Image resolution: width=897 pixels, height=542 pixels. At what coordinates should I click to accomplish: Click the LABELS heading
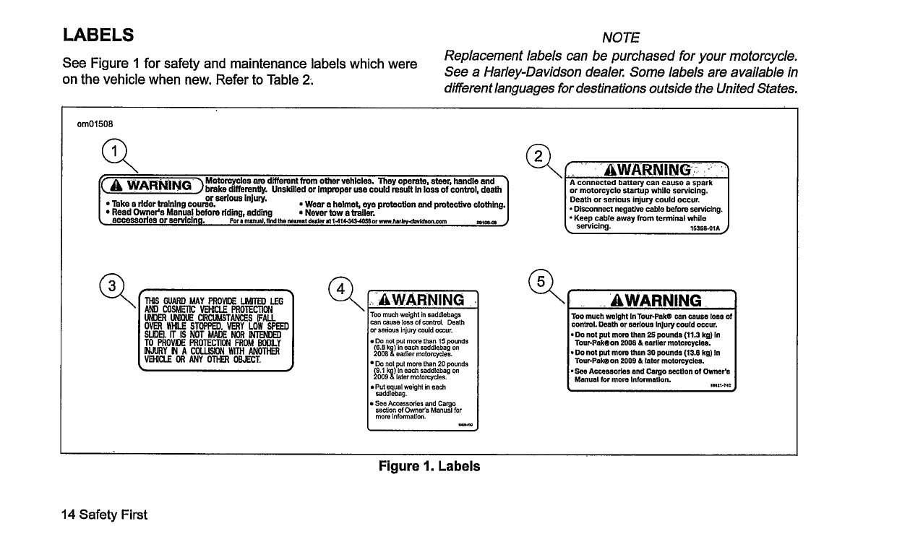click(x=98, y=35)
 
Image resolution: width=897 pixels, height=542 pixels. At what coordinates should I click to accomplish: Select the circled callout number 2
click(x=539, y=155)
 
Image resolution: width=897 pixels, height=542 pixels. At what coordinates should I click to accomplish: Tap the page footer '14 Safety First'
click(x=104, y=515)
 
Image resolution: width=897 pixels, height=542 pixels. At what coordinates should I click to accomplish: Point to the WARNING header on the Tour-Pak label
click(x=655, y=301)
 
